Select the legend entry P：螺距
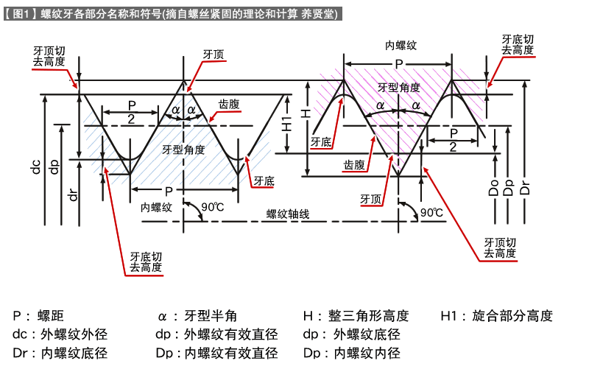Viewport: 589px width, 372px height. point(38,316)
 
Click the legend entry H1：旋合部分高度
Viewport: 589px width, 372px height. point(496,316)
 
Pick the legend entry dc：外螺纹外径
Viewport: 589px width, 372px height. point(60,334)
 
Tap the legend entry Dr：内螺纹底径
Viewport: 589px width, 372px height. point(60,353)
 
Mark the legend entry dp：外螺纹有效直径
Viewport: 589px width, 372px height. point(217,334)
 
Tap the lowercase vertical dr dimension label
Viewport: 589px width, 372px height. point(74,194)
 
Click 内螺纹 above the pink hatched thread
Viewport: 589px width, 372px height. point(401,46)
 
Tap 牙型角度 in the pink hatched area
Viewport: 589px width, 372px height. point(399,87)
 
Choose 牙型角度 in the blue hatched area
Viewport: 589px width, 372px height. point(183,150)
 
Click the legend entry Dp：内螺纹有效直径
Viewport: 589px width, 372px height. point(217,353)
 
